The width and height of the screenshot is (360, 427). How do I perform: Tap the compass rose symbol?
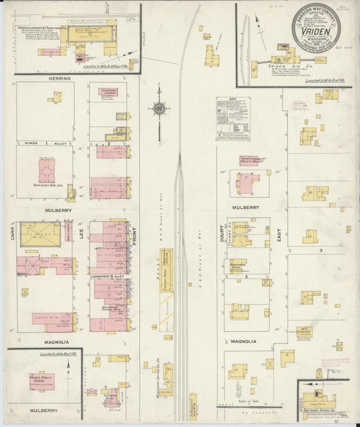[159, 108]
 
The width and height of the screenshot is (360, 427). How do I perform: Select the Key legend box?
[233, 118]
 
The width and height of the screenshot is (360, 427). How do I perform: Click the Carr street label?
[12, 234]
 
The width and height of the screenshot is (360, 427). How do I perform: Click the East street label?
[278, 234]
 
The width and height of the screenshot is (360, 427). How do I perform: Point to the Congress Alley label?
[108, 276]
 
